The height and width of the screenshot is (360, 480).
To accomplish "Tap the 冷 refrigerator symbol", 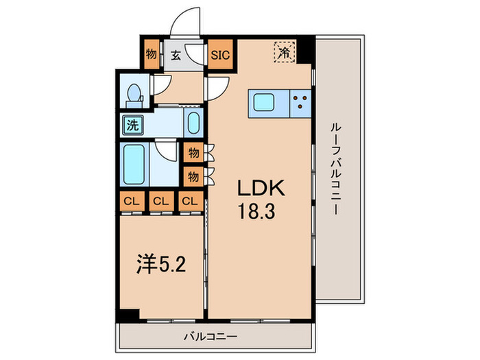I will click(x=283, y=51).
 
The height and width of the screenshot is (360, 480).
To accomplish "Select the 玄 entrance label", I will click(x=176, y=55).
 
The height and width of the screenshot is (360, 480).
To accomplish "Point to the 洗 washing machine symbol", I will click(x=130, y=125).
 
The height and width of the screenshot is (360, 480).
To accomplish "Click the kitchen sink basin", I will click(x=265, y=103).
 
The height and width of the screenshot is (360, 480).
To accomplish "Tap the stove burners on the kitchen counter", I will click(x=300, y=103).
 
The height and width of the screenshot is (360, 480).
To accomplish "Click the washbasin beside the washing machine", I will click(x=193, y=125).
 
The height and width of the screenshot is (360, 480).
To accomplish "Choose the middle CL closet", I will click(x=160, y=202).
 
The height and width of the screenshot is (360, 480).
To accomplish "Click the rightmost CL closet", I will click(x=190, y=202).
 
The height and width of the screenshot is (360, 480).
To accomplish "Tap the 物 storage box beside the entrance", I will click(x=151, y=54).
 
